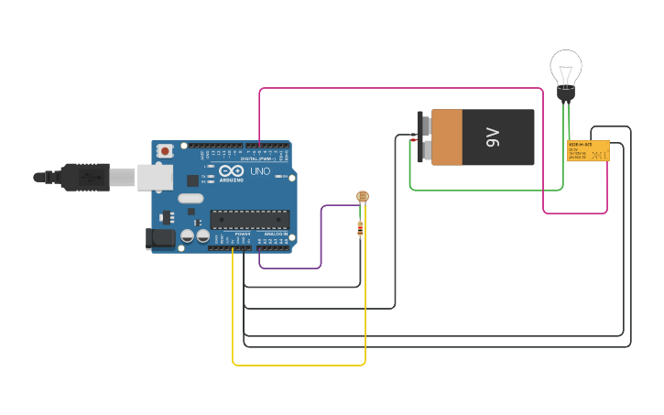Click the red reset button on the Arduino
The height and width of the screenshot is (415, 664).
165,151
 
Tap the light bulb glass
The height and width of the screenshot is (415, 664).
566,67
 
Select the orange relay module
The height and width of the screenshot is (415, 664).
588,151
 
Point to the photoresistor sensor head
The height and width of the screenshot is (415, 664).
362,196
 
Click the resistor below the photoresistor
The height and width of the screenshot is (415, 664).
360,229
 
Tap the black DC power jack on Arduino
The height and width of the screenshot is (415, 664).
160,239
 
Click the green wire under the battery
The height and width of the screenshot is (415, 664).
485,191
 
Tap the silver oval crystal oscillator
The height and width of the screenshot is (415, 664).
190,198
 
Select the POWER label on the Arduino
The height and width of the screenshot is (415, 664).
243,235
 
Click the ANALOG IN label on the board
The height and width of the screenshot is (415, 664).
275,235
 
